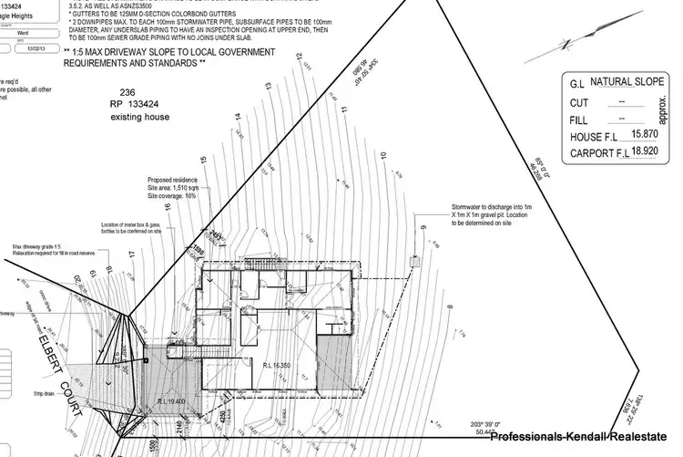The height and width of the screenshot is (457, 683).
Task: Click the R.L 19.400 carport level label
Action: point(170,400)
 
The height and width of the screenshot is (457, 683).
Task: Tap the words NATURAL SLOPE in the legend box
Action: point(626,82)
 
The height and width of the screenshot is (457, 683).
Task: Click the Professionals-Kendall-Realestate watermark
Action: point(580,439)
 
